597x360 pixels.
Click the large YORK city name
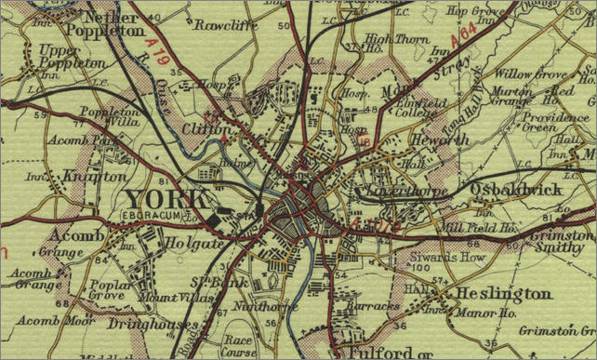click(166, 199)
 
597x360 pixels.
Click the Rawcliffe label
click(225, 25)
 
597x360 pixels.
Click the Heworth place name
click(431, 138)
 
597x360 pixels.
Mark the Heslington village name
click(503, 294)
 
